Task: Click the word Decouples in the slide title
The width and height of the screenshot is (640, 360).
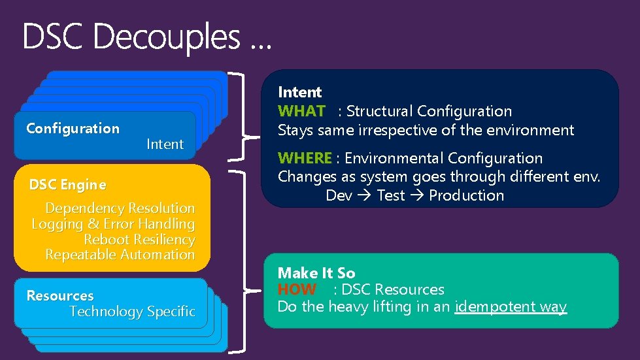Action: pyautogui.click(x=167, y=37)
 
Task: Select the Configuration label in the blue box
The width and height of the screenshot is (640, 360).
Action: pyautogui.click(x=73, y=128)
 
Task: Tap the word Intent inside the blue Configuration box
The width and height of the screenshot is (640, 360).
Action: pyautogui.click(x=165, y=144)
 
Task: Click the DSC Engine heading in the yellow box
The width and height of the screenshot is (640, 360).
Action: pyautogui.click(x=67, y=185)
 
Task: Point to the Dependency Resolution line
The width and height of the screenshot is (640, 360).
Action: pyautogui.click(x=120, y=208)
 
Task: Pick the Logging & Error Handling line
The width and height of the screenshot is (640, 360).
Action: pyautogui.click(x=113, y=224)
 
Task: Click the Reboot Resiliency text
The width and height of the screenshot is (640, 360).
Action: pyautogui.click(x=139, y=239)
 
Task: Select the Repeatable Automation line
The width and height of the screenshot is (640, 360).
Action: pyautogui.click(x=120, y=254)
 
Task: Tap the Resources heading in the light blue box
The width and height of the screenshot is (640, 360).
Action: pyautogui.click(x=59, y=296)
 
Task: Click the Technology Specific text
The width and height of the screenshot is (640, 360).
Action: pyautogui.click(x=132, y=312)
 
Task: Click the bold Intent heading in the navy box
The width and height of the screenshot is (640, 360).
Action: pyautogui.click(x=299, y=92)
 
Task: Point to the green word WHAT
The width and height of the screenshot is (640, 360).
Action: pyautogui.click(x=301, y=111)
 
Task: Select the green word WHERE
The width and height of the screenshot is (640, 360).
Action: pyautogui.click(x=305, y=158)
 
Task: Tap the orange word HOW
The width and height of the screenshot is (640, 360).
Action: pyautogui.click(x=297, y=289)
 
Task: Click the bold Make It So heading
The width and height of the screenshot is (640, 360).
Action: pyautogui.click(x=316, y=273)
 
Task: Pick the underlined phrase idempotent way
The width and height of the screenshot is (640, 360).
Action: pyautogui.click(x=510, y=306)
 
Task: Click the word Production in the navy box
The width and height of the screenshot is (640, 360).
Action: pyautogui.click(x=466, y=195)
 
